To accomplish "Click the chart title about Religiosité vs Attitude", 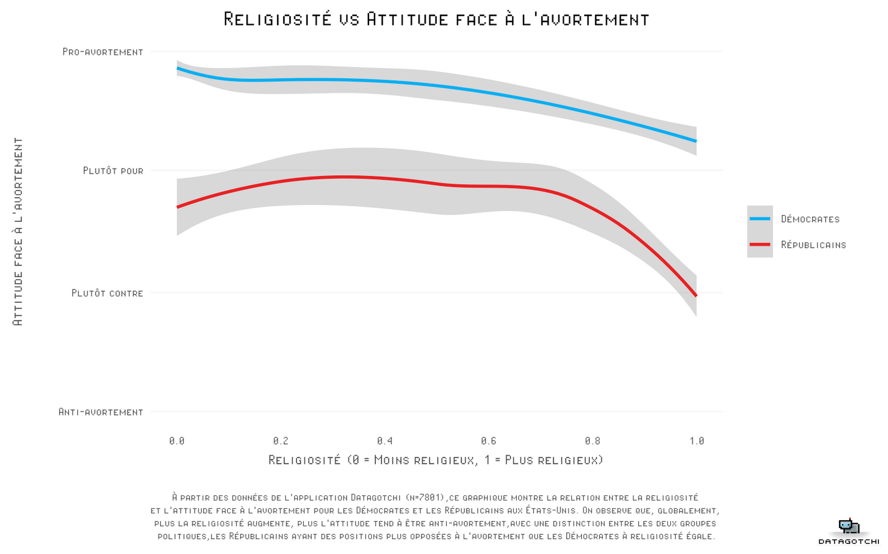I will [436, 19].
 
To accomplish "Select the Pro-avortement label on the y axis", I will [103, 52].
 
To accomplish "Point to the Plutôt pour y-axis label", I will [113, 171].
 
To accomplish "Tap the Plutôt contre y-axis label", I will [107, 293].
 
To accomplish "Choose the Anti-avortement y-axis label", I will [101, 412].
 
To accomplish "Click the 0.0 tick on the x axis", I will [177, 441].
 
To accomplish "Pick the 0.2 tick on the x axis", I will [281, 441].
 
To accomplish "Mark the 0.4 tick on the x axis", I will [385, 441].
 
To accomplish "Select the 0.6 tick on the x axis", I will [488, 441].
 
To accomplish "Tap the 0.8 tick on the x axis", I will [593, 441].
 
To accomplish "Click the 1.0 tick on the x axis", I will [697, 441].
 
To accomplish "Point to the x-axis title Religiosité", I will [436, 460].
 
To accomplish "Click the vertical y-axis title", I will [18, 231].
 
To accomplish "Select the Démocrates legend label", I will [810, 219].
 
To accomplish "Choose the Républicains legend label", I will [813, 245].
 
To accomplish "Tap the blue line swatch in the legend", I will [760, 218].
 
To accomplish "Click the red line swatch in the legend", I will [760, 244].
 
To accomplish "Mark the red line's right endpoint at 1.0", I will [696, 295].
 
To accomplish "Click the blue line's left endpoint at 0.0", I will [178, 69].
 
